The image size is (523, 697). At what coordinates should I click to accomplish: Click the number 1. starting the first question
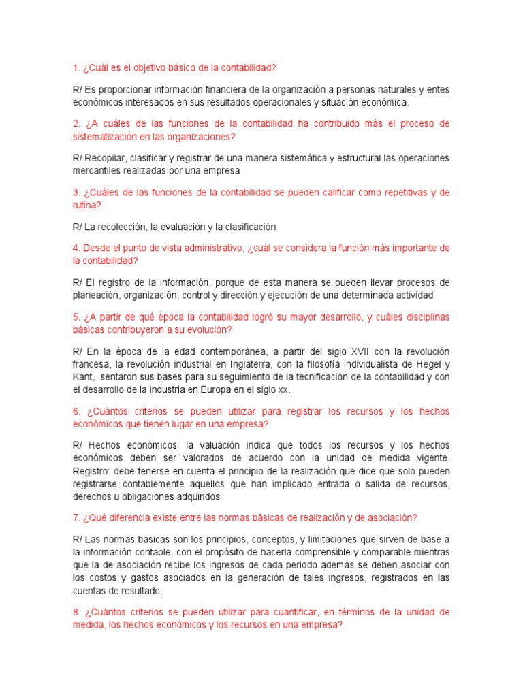click(x=76, y=68)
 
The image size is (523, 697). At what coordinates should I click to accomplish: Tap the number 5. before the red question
click(x=76, y=317)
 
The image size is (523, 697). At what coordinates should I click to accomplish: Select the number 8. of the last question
click(x=76, y=612)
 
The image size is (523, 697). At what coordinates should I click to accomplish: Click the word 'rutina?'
click(x=86, y=205)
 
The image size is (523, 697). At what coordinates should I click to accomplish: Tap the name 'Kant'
click(x=83, y=376)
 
